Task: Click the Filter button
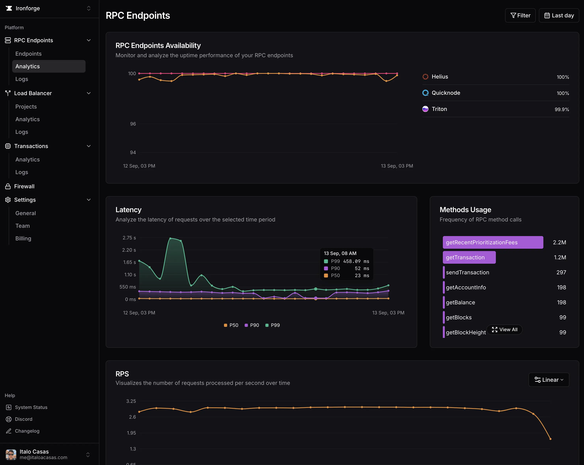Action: [520, 15]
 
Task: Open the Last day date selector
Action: [559, 15]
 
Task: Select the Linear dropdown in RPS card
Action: [549, 380]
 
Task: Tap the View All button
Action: [504, 329]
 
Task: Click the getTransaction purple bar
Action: [469, 257]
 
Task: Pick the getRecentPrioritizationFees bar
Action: [493, 242]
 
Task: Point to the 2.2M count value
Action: [559, 242]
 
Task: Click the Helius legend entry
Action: [440, 77]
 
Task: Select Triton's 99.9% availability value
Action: [562, 109]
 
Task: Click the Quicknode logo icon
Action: [425, 93]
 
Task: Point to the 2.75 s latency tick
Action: [129, 238]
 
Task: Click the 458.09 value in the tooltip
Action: [352, 261]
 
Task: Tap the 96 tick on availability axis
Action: [133, 124]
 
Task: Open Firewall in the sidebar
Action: [24, 186]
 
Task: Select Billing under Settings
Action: [23, 238]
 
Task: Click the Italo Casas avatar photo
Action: [11, 454]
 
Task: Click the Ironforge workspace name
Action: [28, 8]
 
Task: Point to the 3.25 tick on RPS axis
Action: [131, 401]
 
